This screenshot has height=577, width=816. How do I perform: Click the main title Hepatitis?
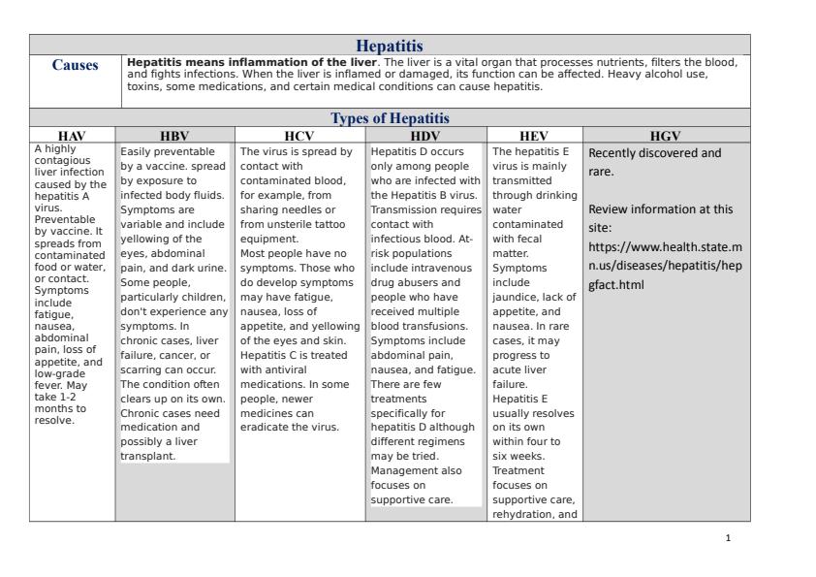[x=390, y=46]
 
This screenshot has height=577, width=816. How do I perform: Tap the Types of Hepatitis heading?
[x=390, y=117]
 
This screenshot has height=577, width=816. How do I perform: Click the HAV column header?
[x=72, y=136]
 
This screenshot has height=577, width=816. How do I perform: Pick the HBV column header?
[x=174, y=136]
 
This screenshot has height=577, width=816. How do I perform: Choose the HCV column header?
[x=299, y=136]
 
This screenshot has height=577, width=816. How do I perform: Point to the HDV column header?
[x=426, y=136]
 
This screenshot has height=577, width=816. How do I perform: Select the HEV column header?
[x=535, y=136]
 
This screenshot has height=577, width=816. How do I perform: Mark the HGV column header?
[x=667, y=136]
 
